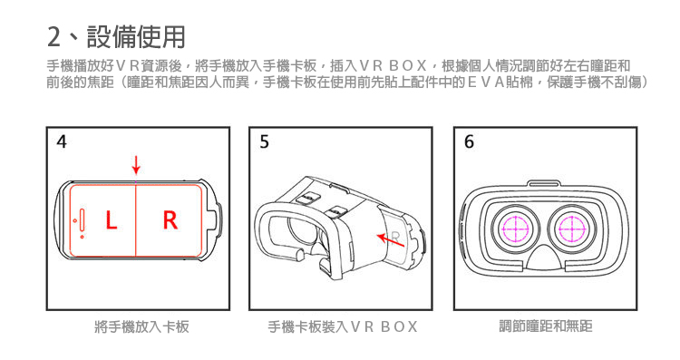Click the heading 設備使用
coord(136,36)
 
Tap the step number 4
coord(62,141)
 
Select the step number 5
coord(264,141)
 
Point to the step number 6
coord(469,141)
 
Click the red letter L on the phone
coord(112,220)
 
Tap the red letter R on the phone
coord(170,220)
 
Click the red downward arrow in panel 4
coord(136,166)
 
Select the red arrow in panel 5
coord(390,240)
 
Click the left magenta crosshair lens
coord(515,229)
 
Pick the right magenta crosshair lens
coord(571,229)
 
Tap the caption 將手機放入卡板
coord(141,326)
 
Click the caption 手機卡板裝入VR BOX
coord(343,326)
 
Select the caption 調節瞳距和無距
coord(546,326)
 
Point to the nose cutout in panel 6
coord(545,258)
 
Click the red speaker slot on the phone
coord(82,220)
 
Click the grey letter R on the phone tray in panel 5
coord(395,238)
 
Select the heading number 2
coord(53,37)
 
